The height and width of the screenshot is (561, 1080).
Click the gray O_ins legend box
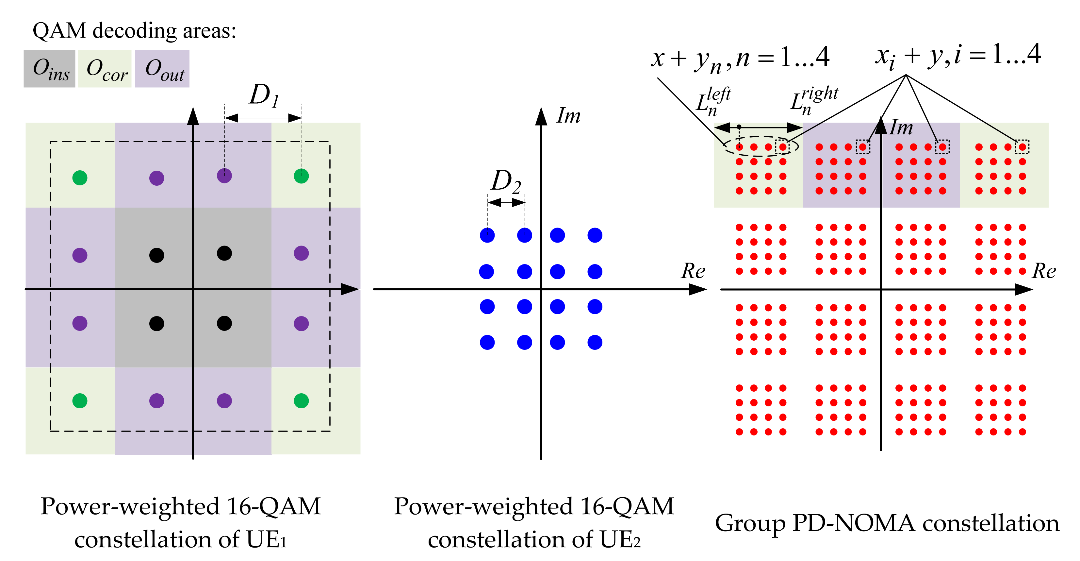click(49, 68)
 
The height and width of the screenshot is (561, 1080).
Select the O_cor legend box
click(105, 68)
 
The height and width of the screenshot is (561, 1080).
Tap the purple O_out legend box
click(162, 68)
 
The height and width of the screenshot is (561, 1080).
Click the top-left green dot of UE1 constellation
click(80, 178)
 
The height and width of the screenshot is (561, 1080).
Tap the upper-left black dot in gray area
click(156, 255)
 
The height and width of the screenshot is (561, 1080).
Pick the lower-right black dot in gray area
click(224, 324)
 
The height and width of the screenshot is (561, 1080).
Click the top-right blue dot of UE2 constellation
click(595, 235)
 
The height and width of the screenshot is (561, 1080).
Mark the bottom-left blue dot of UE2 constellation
click(487, 342)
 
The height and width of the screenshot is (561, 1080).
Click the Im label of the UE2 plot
click(568, 116)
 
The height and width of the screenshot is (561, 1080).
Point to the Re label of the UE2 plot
click(693, 271)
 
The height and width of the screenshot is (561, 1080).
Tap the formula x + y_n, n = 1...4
click(740, 59)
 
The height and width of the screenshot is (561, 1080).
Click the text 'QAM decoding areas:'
click(134, 31)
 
